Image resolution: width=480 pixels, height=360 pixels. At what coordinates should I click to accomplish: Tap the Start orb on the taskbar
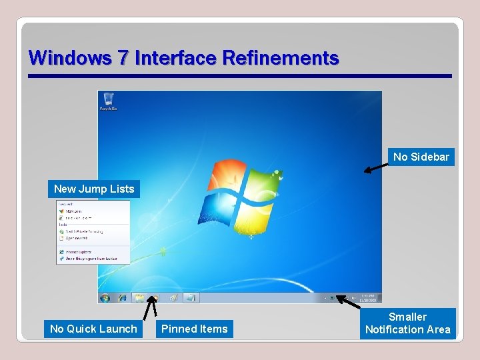(x=105, y=298)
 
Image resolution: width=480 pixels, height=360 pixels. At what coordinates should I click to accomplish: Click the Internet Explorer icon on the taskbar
(x=123, y=298)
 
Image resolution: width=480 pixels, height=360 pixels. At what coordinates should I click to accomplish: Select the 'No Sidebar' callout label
(x=421, y=157)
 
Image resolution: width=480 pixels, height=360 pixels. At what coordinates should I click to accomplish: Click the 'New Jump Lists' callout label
(x=94, y=189)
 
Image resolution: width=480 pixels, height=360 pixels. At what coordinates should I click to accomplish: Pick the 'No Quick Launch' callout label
(x=93, y=329)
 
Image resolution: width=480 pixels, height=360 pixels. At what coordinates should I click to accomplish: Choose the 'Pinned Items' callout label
(x=194, y=329)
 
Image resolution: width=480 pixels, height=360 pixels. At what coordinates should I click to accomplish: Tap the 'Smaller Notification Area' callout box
(x=407, y=323)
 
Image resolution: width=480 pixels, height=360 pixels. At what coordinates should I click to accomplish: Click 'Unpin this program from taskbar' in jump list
(x=88, y=259)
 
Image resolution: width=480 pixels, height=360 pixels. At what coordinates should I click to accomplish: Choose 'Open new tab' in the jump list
(x=79, y=237)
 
